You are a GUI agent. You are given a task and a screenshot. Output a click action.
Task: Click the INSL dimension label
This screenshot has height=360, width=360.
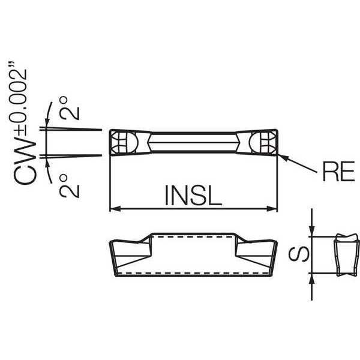(x=193, y=195)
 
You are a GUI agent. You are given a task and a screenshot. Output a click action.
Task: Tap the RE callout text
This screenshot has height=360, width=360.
(x=338, y=172)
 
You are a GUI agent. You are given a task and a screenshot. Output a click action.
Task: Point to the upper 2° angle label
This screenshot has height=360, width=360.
(x=70, y=108)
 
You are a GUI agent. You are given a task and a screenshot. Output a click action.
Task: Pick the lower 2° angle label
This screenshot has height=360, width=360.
(x=70, y=186)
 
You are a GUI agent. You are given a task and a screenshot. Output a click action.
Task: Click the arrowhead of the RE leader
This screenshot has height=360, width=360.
(x=283, y=157)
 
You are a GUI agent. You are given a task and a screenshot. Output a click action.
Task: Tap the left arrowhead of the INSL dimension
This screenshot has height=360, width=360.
(x=115, y=209)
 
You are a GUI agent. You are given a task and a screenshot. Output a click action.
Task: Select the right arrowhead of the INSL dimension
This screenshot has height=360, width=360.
(x=272, y=209)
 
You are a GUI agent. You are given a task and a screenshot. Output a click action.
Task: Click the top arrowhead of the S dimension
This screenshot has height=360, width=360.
(x=311, y=231)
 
